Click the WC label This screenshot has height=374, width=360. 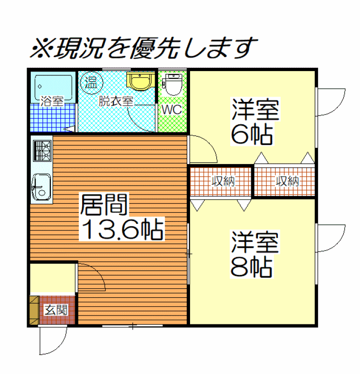click(171, 110)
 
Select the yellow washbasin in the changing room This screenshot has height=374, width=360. click(140, 81)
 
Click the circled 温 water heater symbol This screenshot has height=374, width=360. click(92, 83)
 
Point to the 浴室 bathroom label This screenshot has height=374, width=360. click(52, 101)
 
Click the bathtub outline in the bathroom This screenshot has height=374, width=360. click(53, 87)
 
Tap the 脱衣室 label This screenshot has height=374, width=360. click(116, 101)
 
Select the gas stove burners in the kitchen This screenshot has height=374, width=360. click(42, 151)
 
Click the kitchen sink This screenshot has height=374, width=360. click(42, 187)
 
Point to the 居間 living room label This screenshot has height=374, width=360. click(104, 205)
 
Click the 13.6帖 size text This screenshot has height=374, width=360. click(122, 229)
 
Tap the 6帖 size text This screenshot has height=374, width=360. click(252, 134)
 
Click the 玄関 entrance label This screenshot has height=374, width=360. click(56, 309)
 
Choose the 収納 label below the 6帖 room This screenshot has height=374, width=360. click(287, 181)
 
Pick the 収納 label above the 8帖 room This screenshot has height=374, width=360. click(223, 181)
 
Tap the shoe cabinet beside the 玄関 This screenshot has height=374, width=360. click(34, 310)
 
